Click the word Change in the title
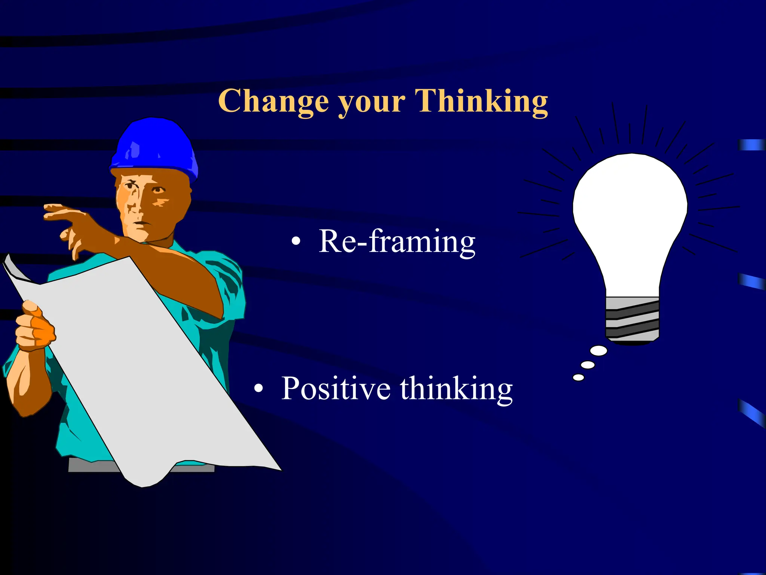click(273, 101)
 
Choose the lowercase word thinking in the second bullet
click(456, 389)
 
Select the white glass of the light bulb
click(630, 210)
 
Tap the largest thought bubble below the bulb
click(598, 351)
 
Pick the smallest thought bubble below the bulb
click(578, 377)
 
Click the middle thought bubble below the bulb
click(588, 365)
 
